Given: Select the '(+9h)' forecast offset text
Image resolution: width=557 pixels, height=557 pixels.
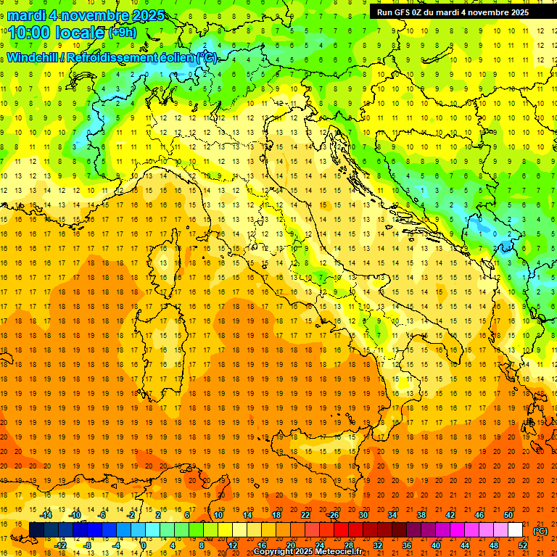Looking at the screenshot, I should pos(121,33).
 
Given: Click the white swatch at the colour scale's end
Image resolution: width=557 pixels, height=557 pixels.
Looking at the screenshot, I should pos(515,530).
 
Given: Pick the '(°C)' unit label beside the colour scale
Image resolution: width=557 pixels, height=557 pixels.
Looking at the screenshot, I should pos(540,531).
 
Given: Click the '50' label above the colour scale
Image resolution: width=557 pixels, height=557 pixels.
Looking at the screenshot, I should pos(508,515).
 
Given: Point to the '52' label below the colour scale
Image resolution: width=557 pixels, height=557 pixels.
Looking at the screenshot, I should pos(522,545).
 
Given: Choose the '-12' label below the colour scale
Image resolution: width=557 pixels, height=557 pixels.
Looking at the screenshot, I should pos(60,545).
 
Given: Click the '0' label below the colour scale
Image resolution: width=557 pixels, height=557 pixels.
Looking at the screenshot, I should pos(144,545).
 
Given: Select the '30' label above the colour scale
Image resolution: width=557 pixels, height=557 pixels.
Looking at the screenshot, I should pos(363,515).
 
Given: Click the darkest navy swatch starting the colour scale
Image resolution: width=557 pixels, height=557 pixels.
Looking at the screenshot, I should pos(36,530).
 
